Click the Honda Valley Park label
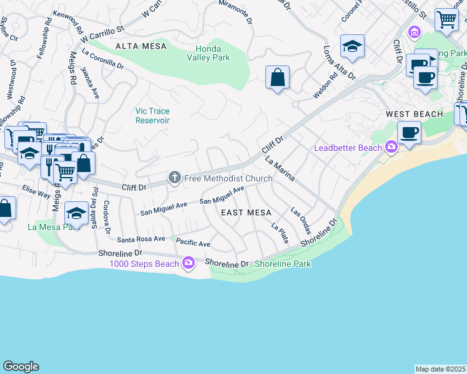[212, 53]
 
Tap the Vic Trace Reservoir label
[152, 115]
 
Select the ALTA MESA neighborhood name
[141, 46]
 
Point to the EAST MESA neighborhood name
[247, 213]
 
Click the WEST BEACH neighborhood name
[415, 114]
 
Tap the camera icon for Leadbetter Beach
[391, 148]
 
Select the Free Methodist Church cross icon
[174, 179]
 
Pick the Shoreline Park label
[283, 264]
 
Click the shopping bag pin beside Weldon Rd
[278, 79]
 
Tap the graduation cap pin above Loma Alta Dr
[352, 46]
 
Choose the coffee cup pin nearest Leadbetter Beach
[410, 133]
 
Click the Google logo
[21, 367]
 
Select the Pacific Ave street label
[193, 242]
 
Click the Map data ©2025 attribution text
[440, 369]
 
